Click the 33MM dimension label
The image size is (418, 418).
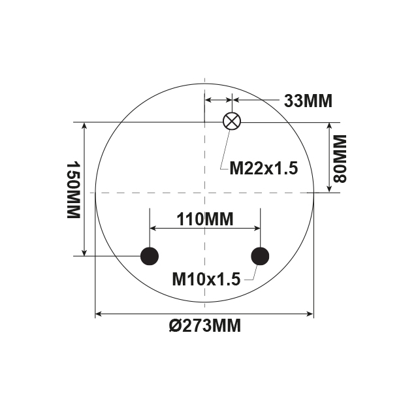[308, 101]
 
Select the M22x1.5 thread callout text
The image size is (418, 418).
[263, 169]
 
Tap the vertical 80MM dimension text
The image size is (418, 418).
[339, 158]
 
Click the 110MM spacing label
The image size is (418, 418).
[205, 219]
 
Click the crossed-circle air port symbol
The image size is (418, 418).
[233, 121]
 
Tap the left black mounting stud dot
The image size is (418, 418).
[150, 256]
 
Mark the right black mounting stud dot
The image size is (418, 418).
[260, 256]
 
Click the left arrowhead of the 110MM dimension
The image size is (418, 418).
[154, 228]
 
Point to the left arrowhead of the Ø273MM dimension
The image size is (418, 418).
[99, 314]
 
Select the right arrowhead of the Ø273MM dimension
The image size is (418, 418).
[310, 314]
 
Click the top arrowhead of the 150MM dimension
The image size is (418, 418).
[84, 125]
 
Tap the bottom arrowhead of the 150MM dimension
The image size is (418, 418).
[84, 252]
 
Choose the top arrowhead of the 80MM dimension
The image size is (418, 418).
[330, 125]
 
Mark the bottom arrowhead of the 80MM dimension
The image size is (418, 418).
[330, 189]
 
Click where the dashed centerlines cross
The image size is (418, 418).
[205, 193]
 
